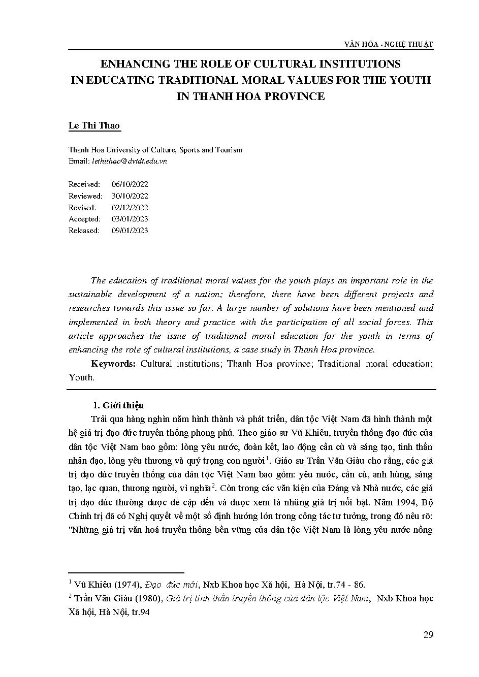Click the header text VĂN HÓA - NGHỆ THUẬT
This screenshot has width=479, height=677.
[395, 44]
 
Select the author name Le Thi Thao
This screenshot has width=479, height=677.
[94, 125]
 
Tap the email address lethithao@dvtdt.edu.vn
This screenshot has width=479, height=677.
[128, 161]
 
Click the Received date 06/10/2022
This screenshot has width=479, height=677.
[130, 184]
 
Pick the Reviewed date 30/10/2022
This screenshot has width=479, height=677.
[130, 196]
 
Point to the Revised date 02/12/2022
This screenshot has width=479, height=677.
[130, 208]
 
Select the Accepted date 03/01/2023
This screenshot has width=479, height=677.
[130, 219]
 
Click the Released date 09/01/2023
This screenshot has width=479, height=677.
[130, 231]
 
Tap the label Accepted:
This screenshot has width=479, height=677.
[84, 219]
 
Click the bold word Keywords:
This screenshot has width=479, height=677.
[113, 364]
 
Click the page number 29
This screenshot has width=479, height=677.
[428, 635]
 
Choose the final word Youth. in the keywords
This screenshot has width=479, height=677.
[81, 377]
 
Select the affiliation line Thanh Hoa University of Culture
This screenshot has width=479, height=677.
[155, 150]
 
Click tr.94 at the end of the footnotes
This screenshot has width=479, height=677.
[141, 612]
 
